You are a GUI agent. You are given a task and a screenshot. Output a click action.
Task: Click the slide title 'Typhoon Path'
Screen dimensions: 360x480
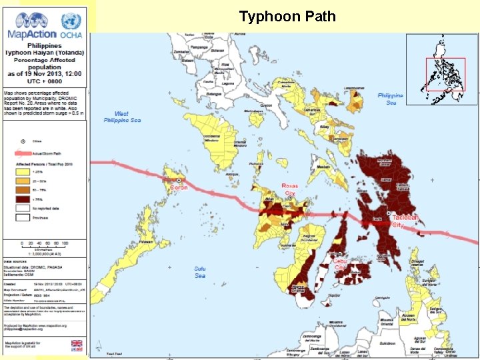pyautogui.click(x=287, y=16)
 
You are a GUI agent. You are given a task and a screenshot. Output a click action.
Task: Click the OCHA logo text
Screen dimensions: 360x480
pyautogui.click(x=71, y=33)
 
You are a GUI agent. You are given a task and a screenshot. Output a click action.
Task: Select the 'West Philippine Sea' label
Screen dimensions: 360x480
pyautogui.click(x=121, y=117)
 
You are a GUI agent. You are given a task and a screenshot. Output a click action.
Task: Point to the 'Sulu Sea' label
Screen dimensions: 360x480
pyautogui.click(x=200, y=272)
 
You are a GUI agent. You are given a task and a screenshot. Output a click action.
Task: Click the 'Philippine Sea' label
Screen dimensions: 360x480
pyautogui.click(x=390, y=99)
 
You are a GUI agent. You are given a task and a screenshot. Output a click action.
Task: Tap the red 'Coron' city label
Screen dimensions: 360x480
pyautogui.click(x=179, y=187)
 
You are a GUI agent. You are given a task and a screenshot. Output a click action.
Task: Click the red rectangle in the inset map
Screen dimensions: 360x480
pyautogui.click(x=445, y=74)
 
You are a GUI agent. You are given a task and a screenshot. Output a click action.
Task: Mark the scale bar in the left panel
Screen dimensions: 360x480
pyautogui.click(x=47, y=246)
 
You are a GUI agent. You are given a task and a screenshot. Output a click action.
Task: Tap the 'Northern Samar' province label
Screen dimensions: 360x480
pyautogui.click(x=385, y=160)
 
